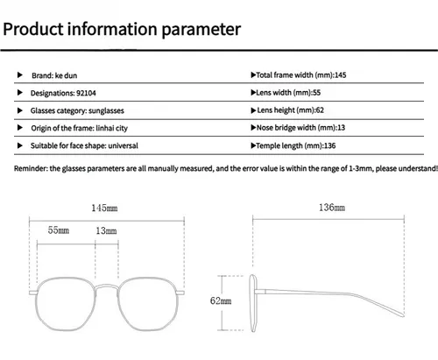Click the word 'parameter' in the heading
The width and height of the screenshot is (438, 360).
(x=201, y=30)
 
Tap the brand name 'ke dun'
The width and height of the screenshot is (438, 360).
(x=66, y=75)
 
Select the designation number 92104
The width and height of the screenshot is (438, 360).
(x=86, y=93)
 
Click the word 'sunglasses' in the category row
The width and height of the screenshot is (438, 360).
(x=106, y=110)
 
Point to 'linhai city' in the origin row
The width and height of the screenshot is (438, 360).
(x=112, y=128)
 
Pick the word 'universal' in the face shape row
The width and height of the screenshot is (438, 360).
(x=123, y=145)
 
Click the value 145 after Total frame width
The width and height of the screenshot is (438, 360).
(x=340, y=75)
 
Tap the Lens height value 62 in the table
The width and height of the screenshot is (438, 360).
(x=320, y=110)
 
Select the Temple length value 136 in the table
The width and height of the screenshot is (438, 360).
(x=329, y=145)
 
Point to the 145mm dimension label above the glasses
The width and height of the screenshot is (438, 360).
(x=104, y=208)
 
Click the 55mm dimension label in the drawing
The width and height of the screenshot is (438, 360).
(x=59, y=230)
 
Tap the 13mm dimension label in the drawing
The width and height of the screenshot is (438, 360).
(x=106, y=231)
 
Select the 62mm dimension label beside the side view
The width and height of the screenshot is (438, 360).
(x=221, y=300)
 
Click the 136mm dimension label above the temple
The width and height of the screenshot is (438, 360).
(x=332, y=208)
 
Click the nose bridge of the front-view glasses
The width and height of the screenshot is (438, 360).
(x=107, y=286)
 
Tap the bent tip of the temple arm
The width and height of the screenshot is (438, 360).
(x=402, y=315)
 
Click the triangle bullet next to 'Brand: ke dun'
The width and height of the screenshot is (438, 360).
(x=20, y=75)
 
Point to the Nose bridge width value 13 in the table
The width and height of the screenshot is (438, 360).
(x=341, y=128)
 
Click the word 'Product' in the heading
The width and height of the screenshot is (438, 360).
(x=33, y=29)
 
